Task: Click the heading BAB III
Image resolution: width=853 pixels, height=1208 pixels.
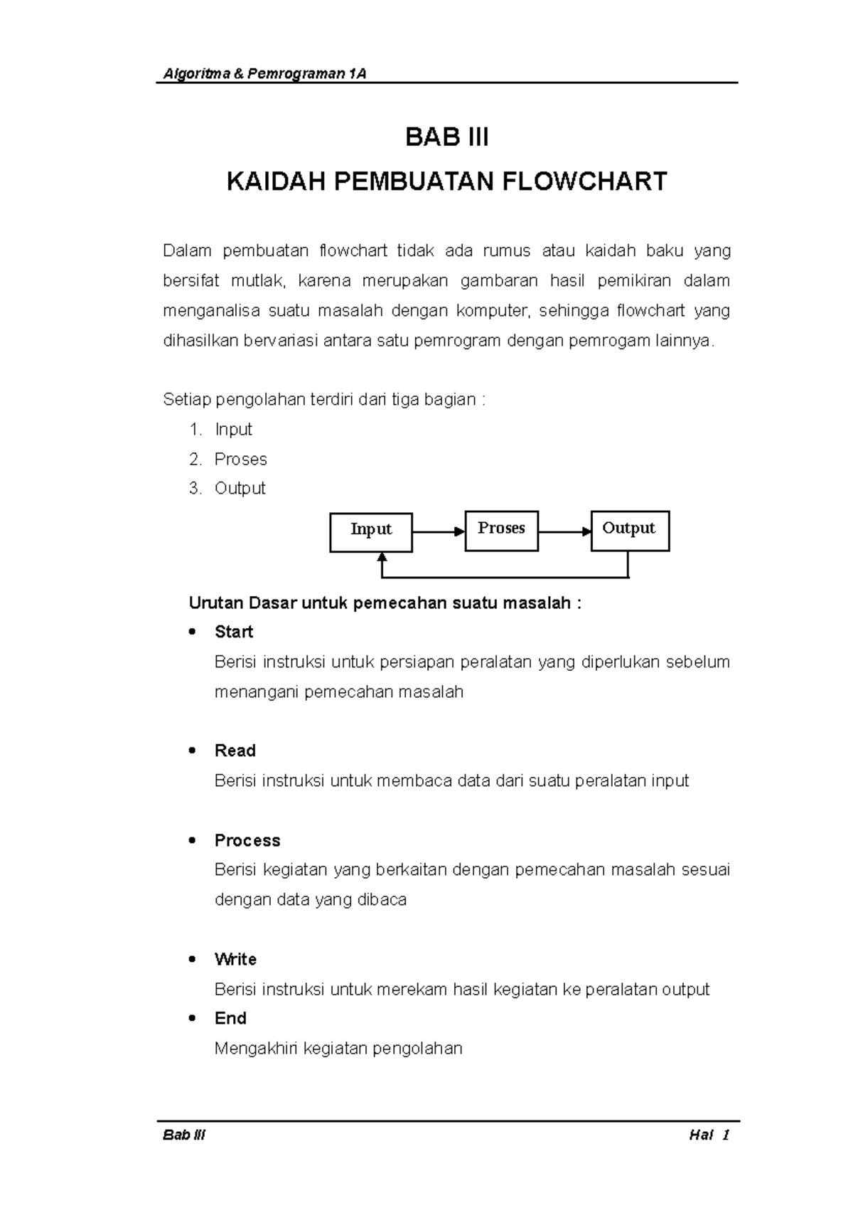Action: coord(446,137)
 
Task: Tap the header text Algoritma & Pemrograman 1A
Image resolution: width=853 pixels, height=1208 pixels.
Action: coord(264,74)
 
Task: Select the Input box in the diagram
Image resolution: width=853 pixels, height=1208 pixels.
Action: coord(371,532)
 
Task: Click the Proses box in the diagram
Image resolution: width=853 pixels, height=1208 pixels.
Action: coord(501,531)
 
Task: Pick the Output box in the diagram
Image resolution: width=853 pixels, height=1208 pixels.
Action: coord(630,531)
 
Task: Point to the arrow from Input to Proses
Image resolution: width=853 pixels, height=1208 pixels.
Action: coord(438,531)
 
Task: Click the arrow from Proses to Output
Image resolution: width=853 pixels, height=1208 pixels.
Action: coord(564,531)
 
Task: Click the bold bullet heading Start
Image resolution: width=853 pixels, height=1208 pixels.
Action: coord(234,632)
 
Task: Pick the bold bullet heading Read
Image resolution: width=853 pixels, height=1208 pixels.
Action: coord(235,751)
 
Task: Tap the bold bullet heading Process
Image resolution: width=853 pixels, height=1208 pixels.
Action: coord(247,840)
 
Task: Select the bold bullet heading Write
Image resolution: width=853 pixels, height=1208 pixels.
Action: coord(235,959)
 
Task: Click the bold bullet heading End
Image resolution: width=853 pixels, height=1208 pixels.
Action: coord(230,1018)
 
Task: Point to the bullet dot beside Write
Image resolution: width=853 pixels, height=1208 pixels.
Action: coord(192,959)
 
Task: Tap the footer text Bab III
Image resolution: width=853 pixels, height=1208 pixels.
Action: coord(184,1135)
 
